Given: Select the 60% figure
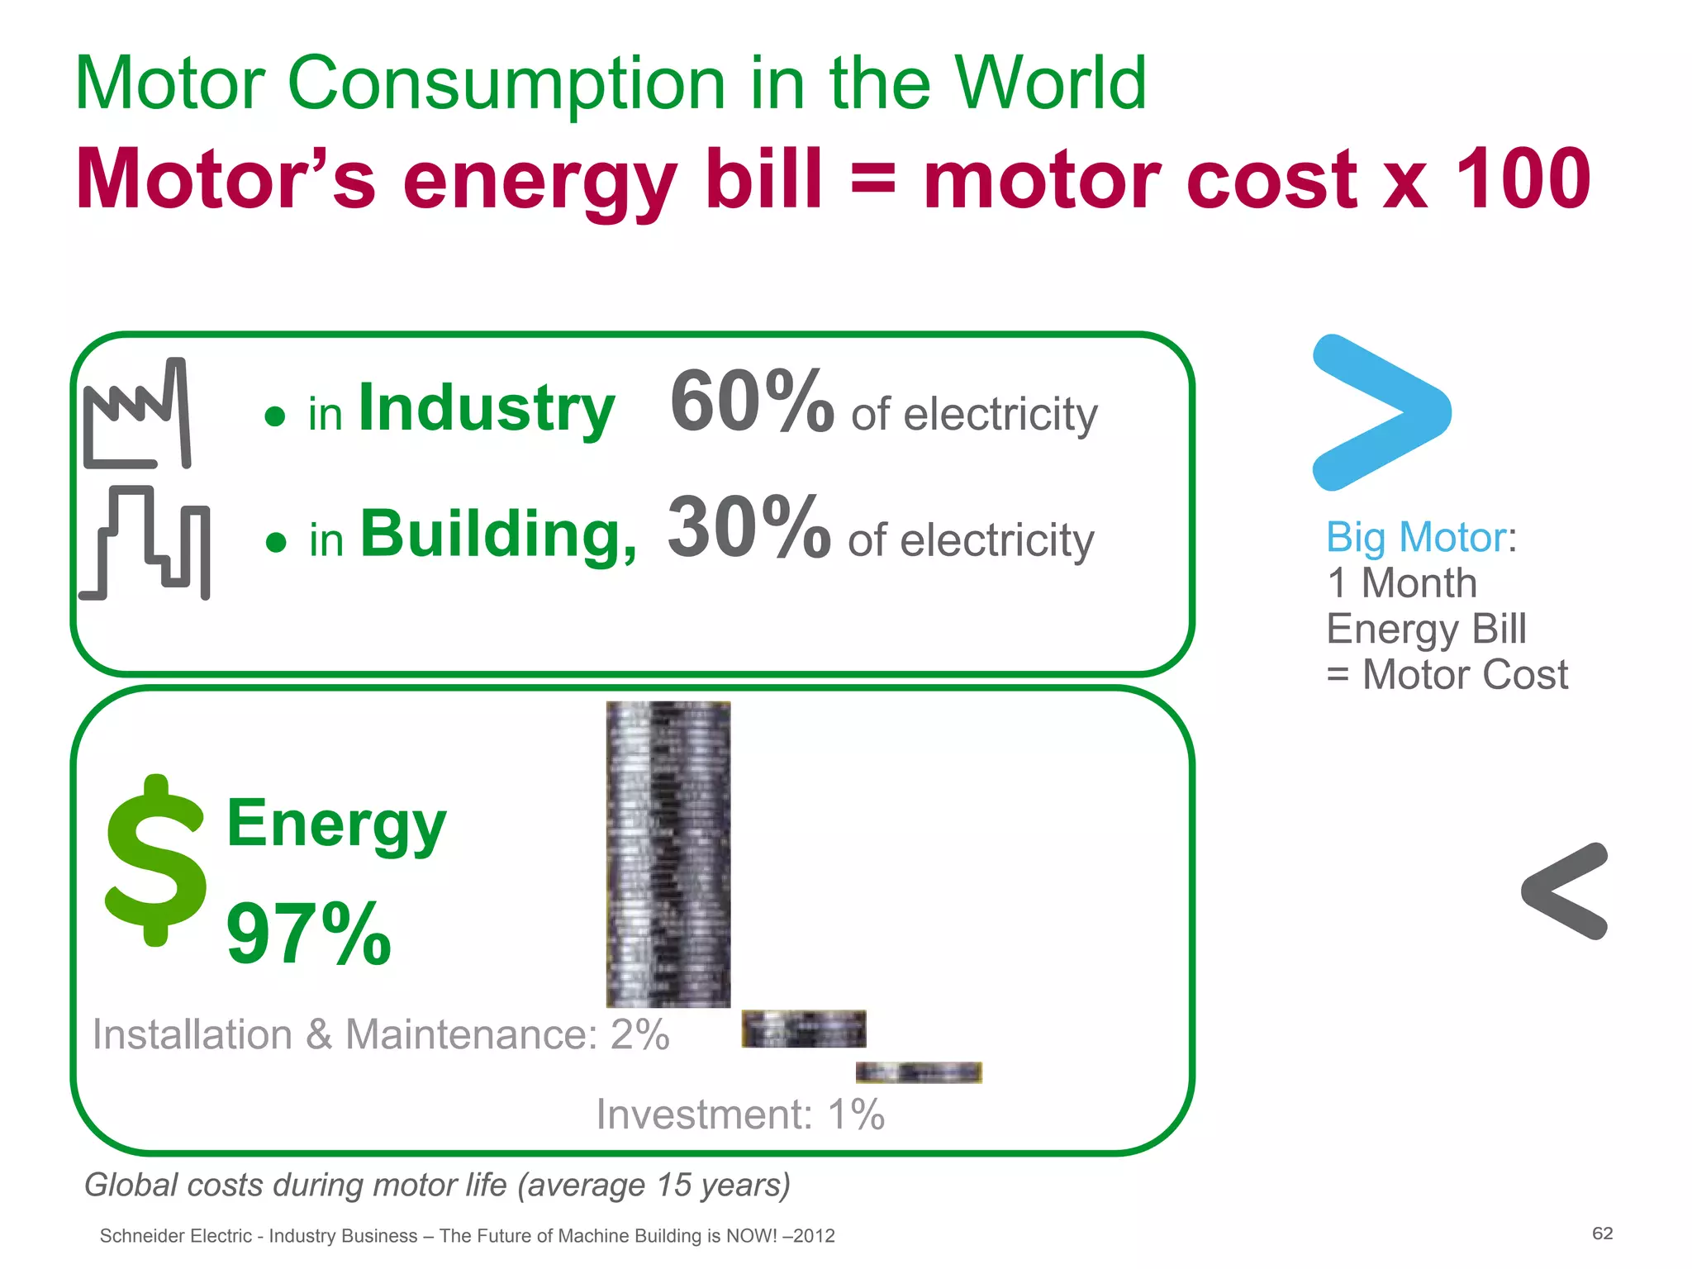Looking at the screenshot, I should (x=751, y=402).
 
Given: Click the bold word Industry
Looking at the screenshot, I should (x=487, y=408).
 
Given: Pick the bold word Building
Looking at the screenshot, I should (x=498, y=535).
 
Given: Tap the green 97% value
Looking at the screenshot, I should (x=308, y=934).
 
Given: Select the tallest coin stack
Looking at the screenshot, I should (x=668, y=854).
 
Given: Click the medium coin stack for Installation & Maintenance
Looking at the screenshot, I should (x=803, y=1029).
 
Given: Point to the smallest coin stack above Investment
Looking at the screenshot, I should (x=918, y=1072).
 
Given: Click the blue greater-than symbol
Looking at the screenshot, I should (x=1381, y=412).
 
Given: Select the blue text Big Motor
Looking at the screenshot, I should (x=1416, y=538).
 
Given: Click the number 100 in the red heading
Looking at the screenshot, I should (x=1522, y=178).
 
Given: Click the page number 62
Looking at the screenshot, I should (x=1602, y=1233).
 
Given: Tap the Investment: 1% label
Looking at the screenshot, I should (x=740, y=1115).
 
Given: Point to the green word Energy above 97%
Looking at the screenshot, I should (x=336, y=825).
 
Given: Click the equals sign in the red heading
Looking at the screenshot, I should (x=872, y=178).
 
